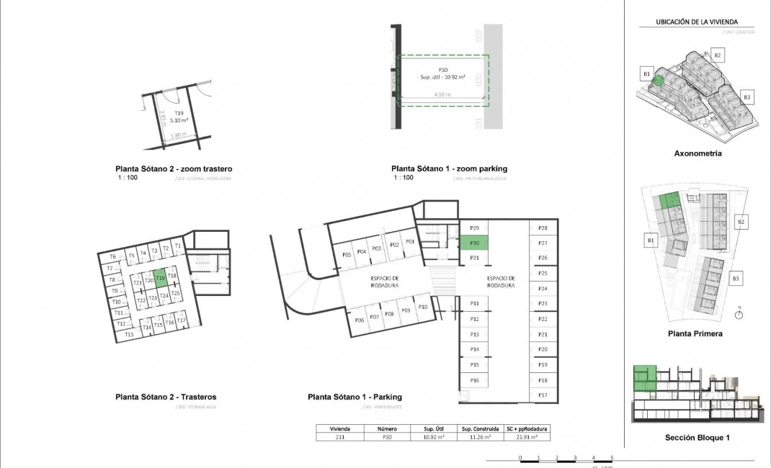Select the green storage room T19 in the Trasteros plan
[161, 277]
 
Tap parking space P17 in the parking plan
[543, 395]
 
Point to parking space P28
[543, 228]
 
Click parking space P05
[347, 254]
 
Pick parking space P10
[423, 307]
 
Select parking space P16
[474, 380]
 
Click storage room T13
[129, 335]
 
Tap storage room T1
[177, 246]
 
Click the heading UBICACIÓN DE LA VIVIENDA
[696, 22]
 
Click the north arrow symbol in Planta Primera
[739, 314]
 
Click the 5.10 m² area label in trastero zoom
[179, 120]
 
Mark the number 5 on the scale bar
[612, 458]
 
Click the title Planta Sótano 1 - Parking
[355, 397]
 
